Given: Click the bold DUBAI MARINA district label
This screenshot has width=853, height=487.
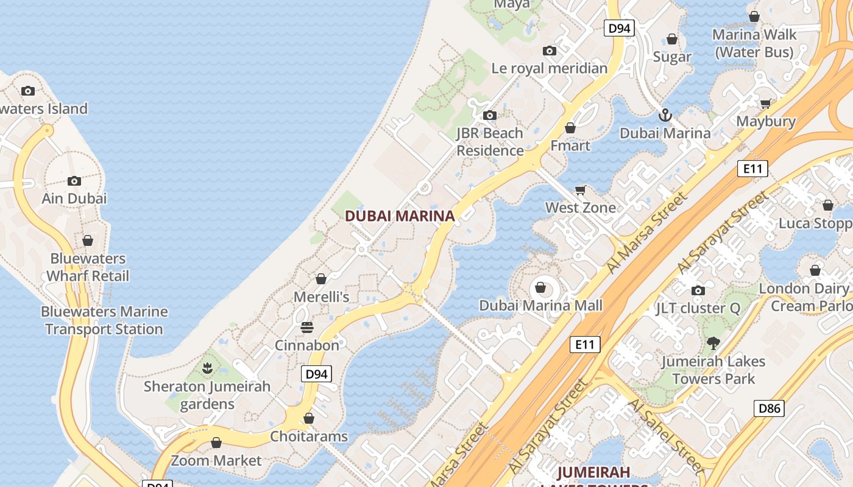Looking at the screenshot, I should coord(400,216).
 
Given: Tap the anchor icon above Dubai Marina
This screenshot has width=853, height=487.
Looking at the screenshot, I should coord(665,114).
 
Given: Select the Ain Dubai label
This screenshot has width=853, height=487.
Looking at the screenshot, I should coord(74,198).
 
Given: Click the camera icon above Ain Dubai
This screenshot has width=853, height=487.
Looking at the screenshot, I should coord(74,181).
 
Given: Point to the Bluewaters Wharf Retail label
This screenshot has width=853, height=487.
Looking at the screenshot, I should coord(88,267).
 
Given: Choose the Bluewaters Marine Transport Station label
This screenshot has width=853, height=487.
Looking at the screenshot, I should coord(104,320).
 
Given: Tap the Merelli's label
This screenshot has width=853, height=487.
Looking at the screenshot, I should coord(321,297).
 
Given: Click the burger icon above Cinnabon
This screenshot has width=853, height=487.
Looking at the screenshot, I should coord(306,328).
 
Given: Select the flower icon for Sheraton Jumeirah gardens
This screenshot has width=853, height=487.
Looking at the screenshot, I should coord(207,368).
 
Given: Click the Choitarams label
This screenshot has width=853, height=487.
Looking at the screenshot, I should coord(309,436).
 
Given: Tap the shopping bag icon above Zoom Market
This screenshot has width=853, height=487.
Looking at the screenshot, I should coord(216,443).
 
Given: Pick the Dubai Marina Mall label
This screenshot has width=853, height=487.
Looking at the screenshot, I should coord(540,306).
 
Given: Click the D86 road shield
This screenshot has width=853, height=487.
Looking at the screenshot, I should coord(768,408).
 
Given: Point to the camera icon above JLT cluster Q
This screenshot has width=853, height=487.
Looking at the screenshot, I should coord(698,290).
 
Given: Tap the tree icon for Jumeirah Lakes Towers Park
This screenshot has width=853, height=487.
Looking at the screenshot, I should coord(713,343).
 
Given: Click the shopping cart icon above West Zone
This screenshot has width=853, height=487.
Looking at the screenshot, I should coord(581,190).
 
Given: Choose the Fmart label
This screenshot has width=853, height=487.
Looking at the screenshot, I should coord(570,145).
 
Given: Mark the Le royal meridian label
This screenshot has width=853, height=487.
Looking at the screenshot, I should coord(549,68).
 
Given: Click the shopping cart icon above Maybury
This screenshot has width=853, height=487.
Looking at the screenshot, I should coord(765,103).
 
